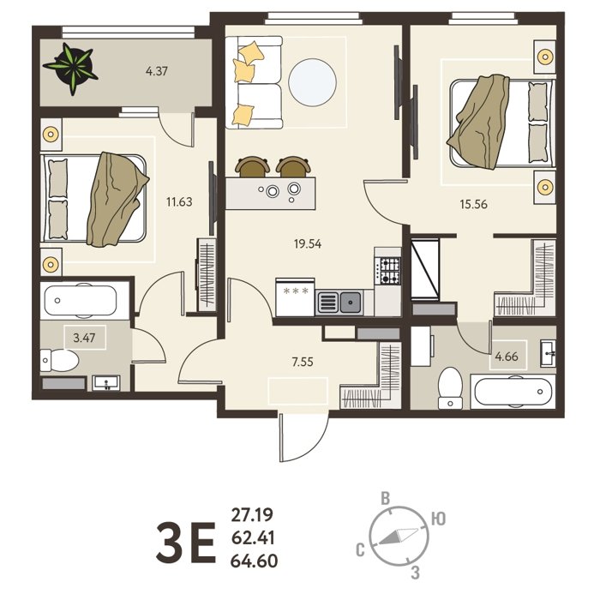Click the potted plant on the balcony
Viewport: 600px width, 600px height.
71,68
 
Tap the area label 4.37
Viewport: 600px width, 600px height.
157,71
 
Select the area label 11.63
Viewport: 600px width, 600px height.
179,201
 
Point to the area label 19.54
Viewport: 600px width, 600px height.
308,243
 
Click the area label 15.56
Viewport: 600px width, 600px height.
474,204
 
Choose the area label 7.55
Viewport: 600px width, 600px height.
303,362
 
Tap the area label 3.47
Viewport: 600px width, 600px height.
84,338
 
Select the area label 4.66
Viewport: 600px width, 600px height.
507,357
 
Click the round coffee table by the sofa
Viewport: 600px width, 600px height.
312,82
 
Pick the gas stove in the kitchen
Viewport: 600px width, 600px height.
387,271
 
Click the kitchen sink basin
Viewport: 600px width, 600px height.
351,303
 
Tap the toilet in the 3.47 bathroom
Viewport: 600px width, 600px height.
59,360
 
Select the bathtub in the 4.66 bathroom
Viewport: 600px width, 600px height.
513,392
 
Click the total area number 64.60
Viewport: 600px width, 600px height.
254,561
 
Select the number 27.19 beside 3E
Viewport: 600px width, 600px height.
252,515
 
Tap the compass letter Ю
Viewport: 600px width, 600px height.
439,519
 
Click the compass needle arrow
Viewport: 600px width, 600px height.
398,537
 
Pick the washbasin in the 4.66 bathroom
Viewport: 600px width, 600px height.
548,353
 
